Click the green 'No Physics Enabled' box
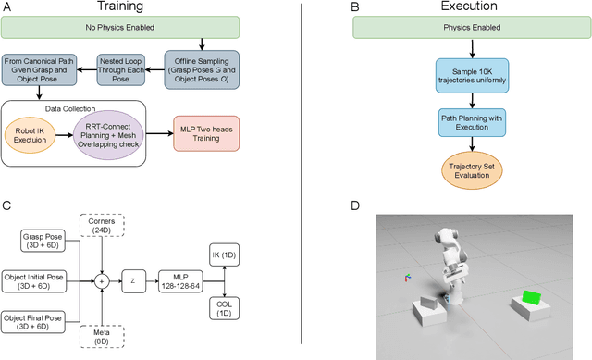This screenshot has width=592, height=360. point(149,27)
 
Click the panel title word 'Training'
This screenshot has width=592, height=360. point(149,7)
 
